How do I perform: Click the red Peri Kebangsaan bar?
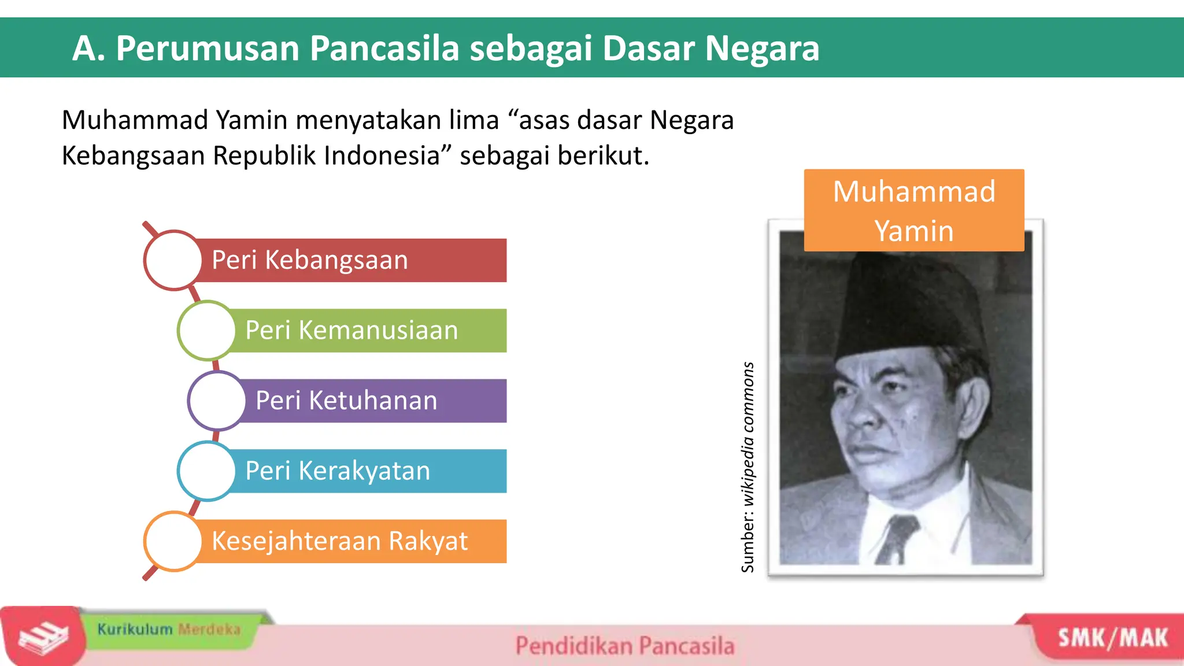click(x=353, y=260)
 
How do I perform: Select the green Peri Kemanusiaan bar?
click(x=370, y=331)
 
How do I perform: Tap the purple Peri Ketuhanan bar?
click(x=376, y=401)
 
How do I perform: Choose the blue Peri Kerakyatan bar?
click(x=370, y=471)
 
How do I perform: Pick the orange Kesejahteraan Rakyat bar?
click(x=353, y=541)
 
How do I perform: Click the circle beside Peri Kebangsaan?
click(x=172, y=260)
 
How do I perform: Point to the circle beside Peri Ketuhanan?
click(x=217, y=401)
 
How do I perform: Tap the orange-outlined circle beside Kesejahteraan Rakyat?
click(x=172, y=541)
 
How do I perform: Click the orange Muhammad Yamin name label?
click(x=913, y=210)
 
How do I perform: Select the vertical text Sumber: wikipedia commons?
click(x=748, y=467)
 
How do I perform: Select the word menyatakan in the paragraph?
click(x=397, y=120)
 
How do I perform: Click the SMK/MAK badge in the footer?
click(x=1112, y=638)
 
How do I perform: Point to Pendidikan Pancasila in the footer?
click(x=624, y=646)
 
